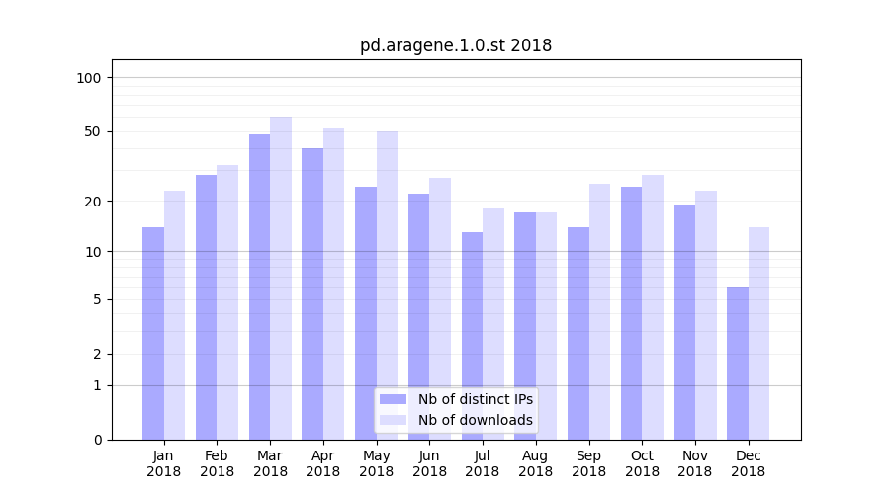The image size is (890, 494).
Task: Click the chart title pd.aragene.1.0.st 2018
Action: pyautogui.click(x=455, y=45)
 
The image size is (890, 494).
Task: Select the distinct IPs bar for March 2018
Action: pyautogui.click(x=260, y=287)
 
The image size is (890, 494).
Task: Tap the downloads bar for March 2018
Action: pyautogui.click(x=281, y=278)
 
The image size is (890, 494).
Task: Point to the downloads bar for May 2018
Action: pyautogui.click(x=387, y=286)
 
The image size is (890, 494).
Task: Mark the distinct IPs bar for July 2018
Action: pyautogui.click(x=472, y=336)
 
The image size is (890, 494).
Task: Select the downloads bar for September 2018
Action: pyautogui.click(x=599, y=311)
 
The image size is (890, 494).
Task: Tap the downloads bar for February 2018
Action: pyautogui.click(x=227, y=302)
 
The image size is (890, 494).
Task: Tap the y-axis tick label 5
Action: pyautogui.click(x=96, y=299)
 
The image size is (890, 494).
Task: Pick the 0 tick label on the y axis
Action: pyautogui.click(x=96, y=440)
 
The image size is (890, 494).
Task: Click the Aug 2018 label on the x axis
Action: pyautogui.click(x=536, y=463)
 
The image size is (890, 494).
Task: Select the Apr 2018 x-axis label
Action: pyautogui.click(x=323, y=463)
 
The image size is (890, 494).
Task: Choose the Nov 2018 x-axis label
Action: pyautogui.click(x=695, y=463)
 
